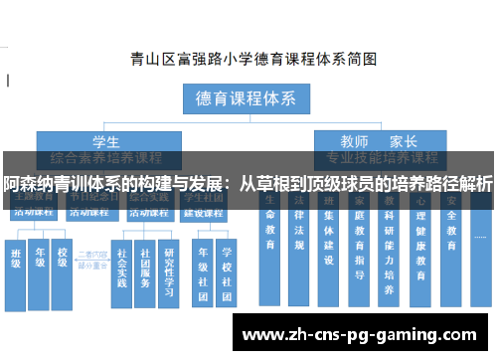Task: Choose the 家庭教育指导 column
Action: [x=359, y=249]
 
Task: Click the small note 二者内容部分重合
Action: [x=91, y=262]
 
